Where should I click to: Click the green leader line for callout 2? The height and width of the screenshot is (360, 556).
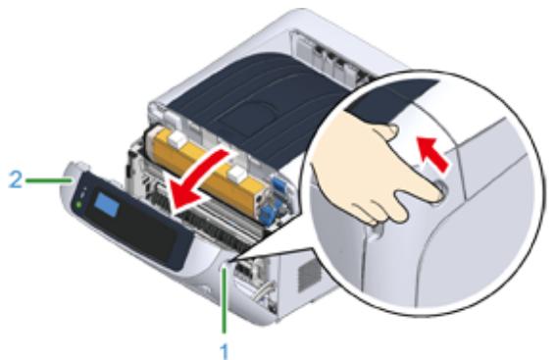click(44, 180)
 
